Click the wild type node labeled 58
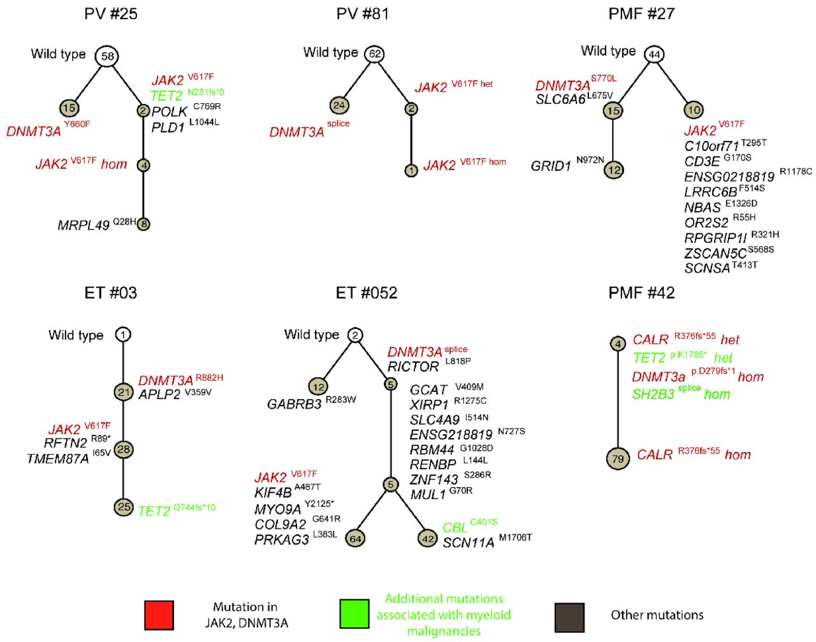pyautogui.click(x=108, y=56)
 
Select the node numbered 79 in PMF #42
pyautogui.click(x=618, y=458)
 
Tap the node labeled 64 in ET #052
pyautogui.click(x=356, y=539)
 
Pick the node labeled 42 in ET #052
pyautogui.click(x=428, y=539)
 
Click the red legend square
pyautogui.click(x=159, y=615)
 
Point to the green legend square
pyautogui.click(x=354, y=615)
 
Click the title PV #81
pyautogui.click(x=362, y=13)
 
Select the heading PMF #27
pyautogui.click(x=641, y=13)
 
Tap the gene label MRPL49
pyautogui.click(x=84, y=225)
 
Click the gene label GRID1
pyautogui.click(x=551, y=166)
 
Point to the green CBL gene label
pyautogui.click(x=455, y=529)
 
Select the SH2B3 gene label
pyautogui.click(x=653, y=395)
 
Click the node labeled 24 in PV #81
pyautogui.click(x=339, y=105)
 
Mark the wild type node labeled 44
pyautogui.click(x=654, y=55)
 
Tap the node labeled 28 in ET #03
pyautogui.click(x=124, y=449)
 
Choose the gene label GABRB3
pyautogui.click(x=294, y=404)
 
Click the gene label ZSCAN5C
pyautogui.click(x=715, y=254)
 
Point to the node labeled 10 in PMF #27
pyautogui.click(x=694, y=110)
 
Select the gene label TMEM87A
pyautogui.click(x=57, y=459)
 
